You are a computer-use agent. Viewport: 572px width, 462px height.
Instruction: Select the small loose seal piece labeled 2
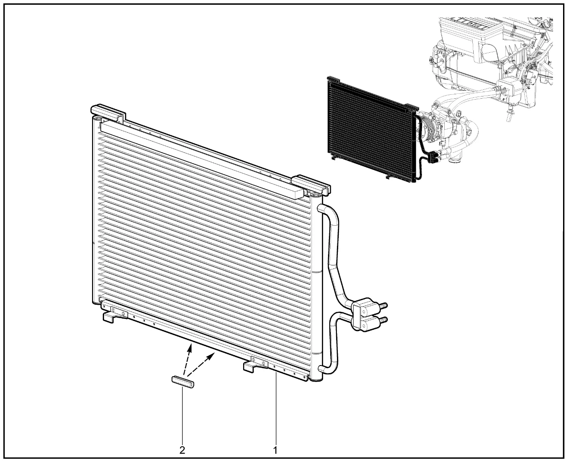click(x=183, y=382)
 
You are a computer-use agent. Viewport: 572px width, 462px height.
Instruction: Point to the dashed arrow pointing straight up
click(x=187, y=359)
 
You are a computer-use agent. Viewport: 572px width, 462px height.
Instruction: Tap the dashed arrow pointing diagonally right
click(x=201, y=364)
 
